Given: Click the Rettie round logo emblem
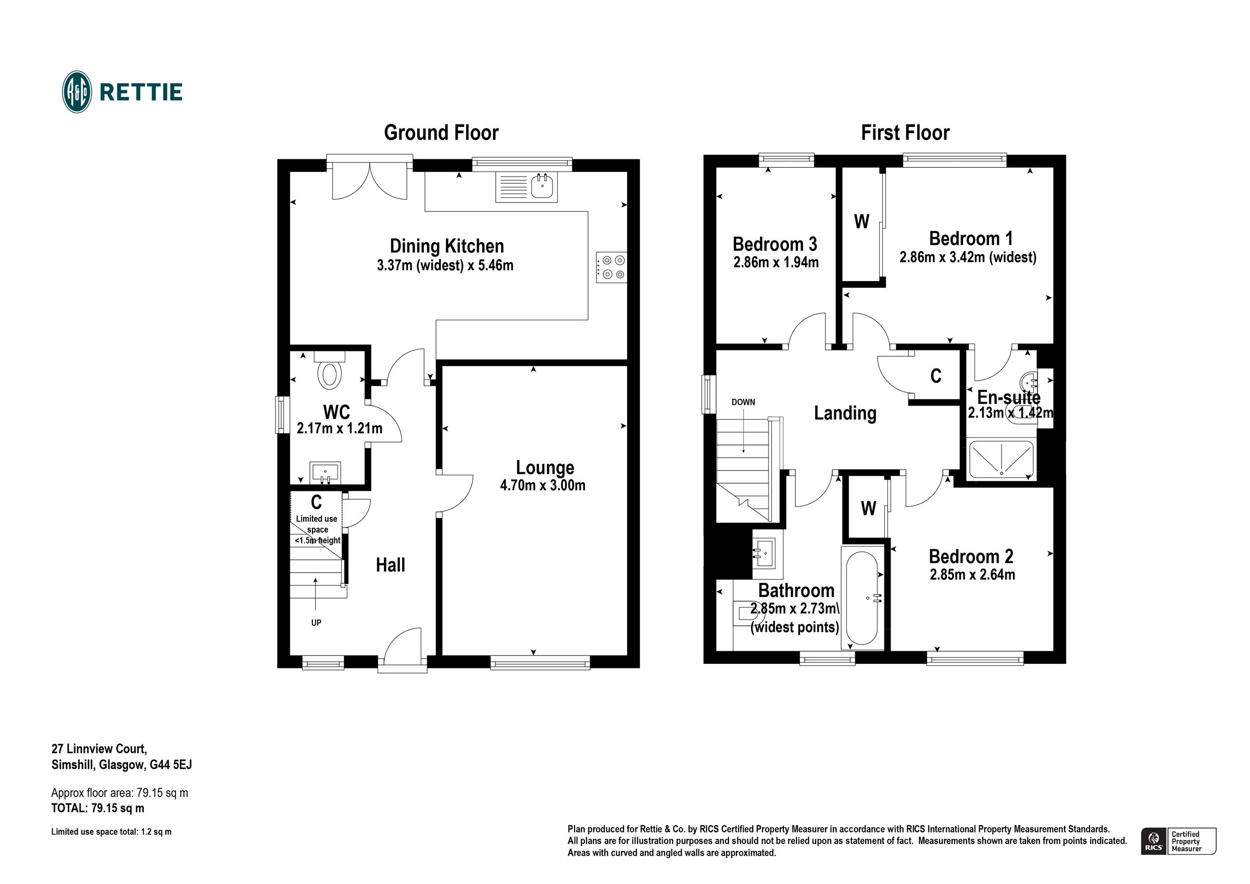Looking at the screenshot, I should (77, 92).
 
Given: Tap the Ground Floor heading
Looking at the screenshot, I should (441, 133).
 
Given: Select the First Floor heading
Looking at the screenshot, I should (905, 133).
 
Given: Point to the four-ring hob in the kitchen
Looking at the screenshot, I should (611, 267).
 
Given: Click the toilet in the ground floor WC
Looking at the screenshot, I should (329, 373).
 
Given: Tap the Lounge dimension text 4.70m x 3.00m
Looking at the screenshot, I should (543, 486).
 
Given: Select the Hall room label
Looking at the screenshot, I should (390, 565).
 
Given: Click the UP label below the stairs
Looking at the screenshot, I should (316, 623).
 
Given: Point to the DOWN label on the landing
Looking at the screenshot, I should (743, 402).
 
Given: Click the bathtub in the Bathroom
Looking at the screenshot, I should (862, 598).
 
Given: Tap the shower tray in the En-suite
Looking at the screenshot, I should (1001, 458).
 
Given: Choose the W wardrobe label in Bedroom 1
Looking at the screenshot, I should (861, 222).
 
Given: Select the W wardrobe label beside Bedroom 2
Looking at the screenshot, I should (868, 509).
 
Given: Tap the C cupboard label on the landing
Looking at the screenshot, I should (936, 376).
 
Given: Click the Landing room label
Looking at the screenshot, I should (845, 413).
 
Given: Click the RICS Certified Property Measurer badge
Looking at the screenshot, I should (1178, 841).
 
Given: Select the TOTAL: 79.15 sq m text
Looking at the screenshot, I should (98, 809).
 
